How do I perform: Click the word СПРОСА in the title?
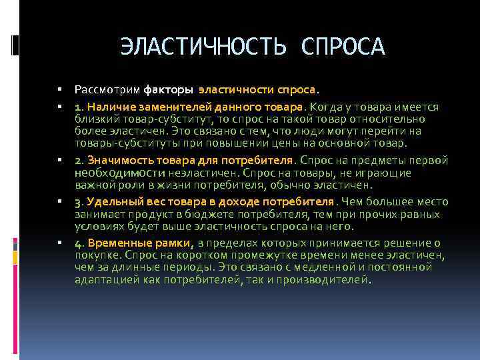pos(343,47)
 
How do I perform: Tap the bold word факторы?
pos(167,89)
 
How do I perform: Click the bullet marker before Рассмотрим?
pos(59,89)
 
